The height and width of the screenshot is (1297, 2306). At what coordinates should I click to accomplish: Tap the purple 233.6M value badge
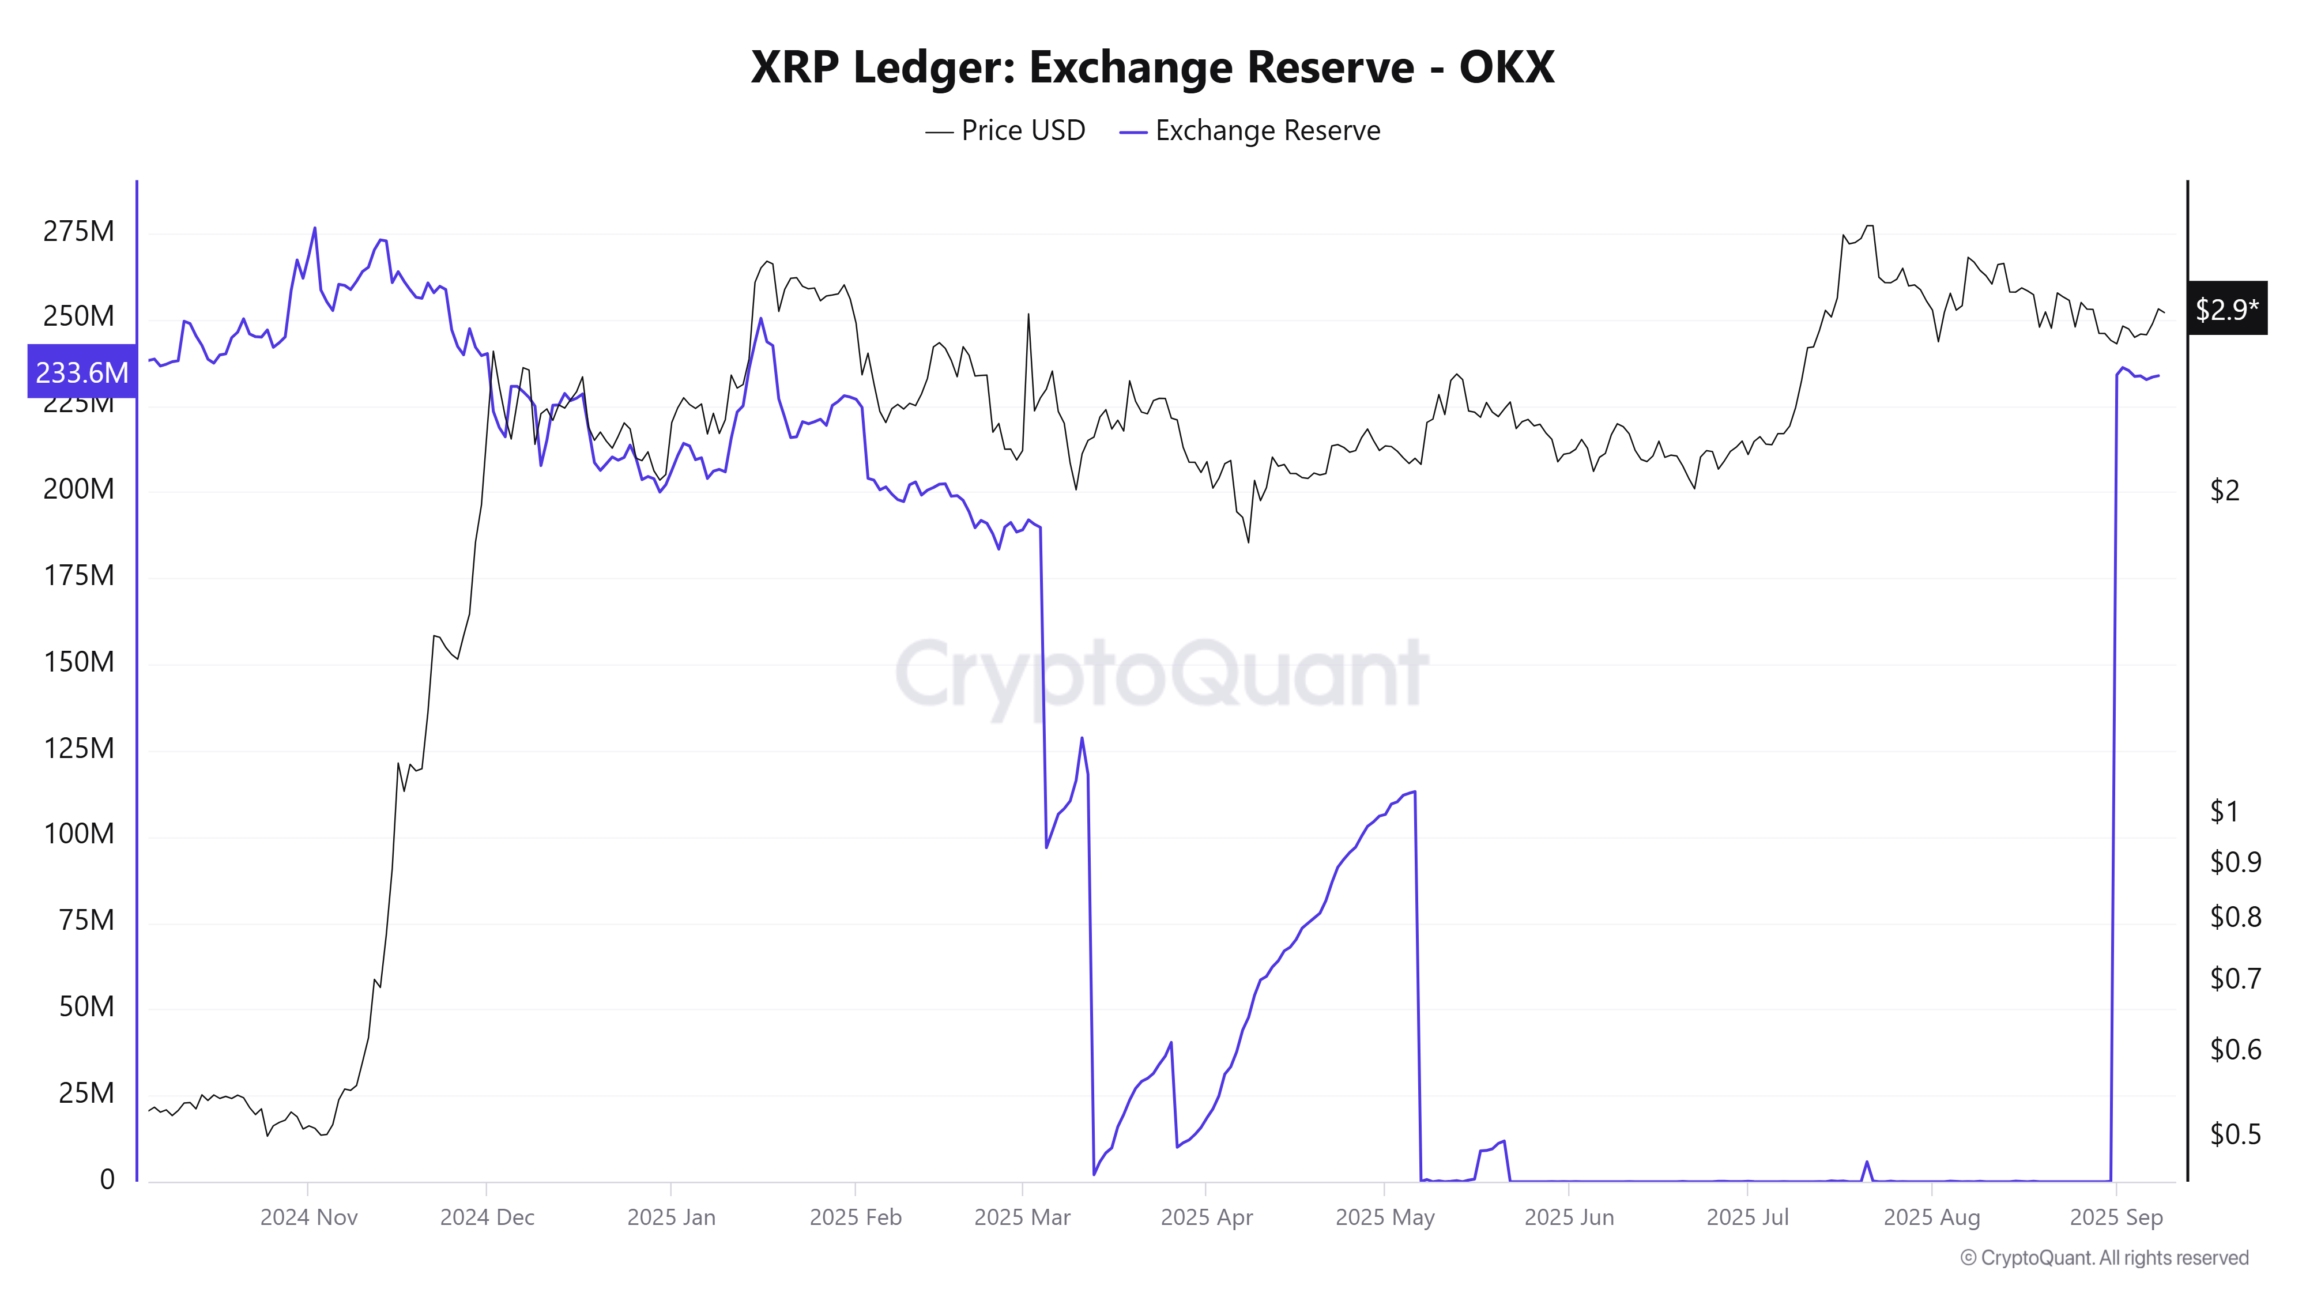(x=81, y=371)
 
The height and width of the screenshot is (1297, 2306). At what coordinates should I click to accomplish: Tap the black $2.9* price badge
(x=2226, y=310)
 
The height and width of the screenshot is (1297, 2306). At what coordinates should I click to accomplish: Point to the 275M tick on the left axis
(x=79, y=232)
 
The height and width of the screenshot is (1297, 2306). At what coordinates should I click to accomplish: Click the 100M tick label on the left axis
(x=79, y=834)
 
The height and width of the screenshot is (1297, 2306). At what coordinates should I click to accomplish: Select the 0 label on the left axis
(x=107, y=1179)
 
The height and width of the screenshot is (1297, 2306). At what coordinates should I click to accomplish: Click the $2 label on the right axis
(x=2225, y=491)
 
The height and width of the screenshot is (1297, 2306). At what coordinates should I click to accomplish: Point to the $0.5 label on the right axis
(x=2235, y=1134)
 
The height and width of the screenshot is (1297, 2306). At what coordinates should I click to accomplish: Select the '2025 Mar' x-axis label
(x=1022, y=1217)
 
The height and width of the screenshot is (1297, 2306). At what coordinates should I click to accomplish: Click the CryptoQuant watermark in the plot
(x=1161, y=673)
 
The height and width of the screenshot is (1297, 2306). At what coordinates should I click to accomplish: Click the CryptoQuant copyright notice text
(x=2104, y=1258)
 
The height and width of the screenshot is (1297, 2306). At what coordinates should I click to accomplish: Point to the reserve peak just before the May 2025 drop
(x=1414, y=792)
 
